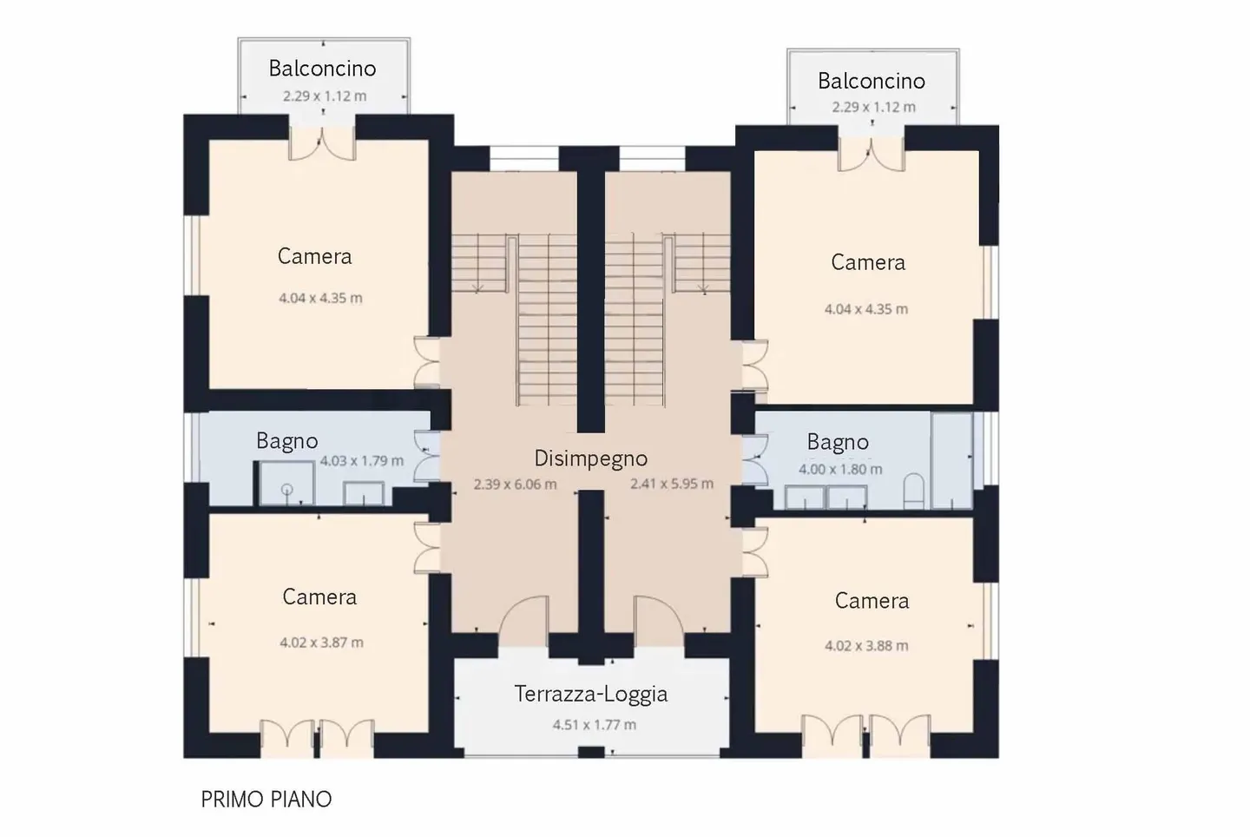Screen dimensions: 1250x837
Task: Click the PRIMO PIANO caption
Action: [266, 799]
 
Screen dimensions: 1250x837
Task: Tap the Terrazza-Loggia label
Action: [591, 694]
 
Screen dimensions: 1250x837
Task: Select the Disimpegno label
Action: [591, 458]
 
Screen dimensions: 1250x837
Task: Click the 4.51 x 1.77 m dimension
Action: [595, 724]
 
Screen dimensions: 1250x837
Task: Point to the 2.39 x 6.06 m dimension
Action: [515, 484]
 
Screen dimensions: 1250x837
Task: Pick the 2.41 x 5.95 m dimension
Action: [672, 484]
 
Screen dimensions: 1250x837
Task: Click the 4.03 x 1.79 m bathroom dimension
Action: [362, 460]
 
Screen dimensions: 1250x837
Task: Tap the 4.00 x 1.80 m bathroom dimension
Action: [840, 469]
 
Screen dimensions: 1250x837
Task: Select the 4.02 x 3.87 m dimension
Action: [321, 643]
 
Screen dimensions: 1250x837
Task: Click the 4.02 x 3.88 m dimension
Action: [866, 646]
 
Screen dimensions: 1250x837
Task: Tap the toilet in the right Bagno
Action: [913, 491]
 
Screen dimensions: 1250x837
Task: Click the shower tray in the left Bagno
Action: [286, 484]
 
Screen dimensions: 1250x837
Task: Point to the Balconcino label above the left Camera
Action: [323, 68]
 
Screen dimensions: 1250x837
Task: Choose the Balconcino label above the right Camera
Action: [872, 81]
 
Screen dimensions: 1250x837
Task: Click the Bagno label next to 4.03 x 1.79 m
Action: [286, 441]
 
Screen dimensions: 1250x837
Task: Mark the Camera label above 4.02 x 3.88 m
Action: [872, 601]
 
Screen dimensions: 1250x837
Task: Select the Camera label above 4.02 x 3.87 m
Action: [319, 596]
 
